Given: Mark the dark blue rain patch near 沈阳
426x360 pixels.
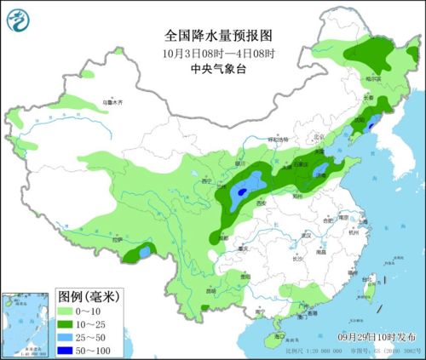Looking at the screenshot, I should click(x=371, y=127).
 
